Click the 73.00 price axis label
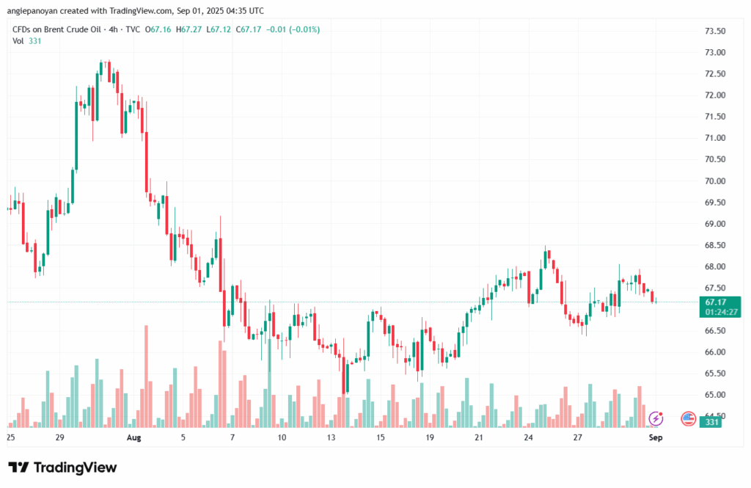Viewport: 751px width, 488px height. [714, 53]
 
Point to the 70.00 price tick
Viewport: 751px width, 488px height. [714, 181]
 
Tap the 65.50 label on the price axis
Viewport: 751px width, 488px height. [714, 374]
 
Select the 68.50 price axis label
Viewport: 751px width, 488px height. [714, 245]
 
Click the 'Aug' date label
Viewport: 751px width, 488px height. [133, 437]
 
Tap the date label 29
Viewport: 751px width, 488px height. [60, 437]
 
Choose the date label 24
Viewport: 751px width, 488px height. [528, 437]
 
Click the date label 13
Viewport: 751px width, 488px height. [331, 437]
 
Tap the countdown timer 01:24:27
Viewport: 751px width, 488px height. [720, 312]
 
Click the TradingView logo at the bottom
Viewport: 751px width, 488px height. [62, 467]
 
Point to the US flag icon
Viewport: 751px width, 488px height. [688, 419]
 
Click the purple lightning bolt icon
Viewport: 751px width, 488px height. [656, 419]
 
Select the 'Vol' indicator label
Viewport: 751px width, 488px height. [18, 41]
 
